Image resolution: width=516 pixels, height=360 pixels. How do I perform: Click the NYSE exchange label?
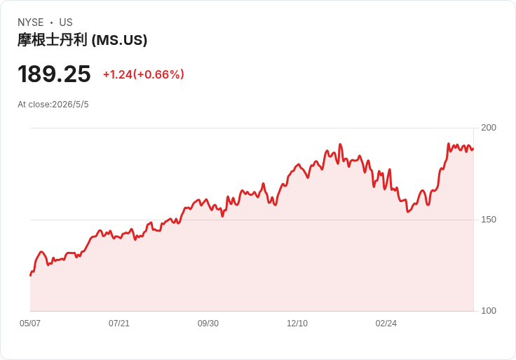pyautogui.click(x=31, y=22)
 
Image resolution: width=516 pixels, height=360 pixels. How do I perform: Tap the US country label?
pyautogui.click(x=66, y=22)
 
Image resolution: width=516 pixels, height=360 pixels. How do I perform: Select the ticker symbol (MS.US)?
pyautogui.click(x=119, y=40)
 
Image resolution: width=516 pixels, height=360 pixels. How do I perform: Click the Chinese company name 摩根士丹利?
pyautogui.click(x=53, y=40)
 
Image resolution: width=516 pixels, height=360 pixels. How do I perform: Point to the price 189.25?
pyautogui.click(x=54, y=74)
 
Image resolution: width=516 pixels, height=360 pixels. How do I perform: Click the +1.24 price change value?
pyautogui.click(x=118, y=74)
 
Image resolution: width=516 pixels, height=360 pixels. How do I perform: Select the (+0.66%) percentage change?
pyautogui.click(x=158, y=74)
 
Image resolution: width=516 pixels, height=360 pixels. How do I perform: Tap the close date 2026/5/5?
pyautogui.click(x=70, y=105)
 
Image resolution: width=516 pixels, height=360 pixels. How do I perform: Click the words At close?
pyautogui.click(x=34, y=105)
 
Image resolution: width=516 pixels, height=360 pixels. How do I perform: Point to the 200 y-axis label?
pyautogui.click(x=489, y=128)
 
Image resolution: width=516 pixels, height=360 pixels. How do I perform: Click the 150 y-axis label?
pyautogui.click(x=489, y=220)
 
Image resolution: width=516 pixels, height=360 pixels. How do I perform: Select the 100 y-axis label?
pyautogui.click(x=489, y=311)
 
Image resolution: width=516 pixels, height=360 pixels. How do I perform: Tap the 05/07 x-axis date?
pyautogui.click(x=30, y=323)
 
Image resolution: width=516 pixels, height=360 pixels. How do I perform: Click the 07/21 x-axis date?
pyautogui.click(x=119, y=323)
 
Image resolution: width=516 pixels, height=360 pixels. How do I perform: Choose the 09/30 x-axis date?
pyautogui.click(x=208, y=323)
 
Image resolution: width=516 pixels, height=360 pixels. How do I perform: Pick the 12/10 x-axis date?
pyautogui.click(x=297, y=323)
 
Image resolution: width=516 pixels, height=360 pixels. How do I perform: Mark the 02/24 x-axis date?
pyautogui.click(x=386, y=323)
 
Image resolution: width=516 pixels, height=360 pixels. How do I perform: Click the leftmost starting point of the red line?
pyautogui.click(x=31, y=275)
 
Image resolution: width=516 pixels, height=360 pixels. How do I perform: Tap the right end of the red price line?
pyautogui.click(x=473, y=149)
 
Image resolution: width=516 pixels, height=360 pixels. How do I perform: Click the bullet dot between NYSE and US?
pyautogui.click(x=51, y=22)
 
